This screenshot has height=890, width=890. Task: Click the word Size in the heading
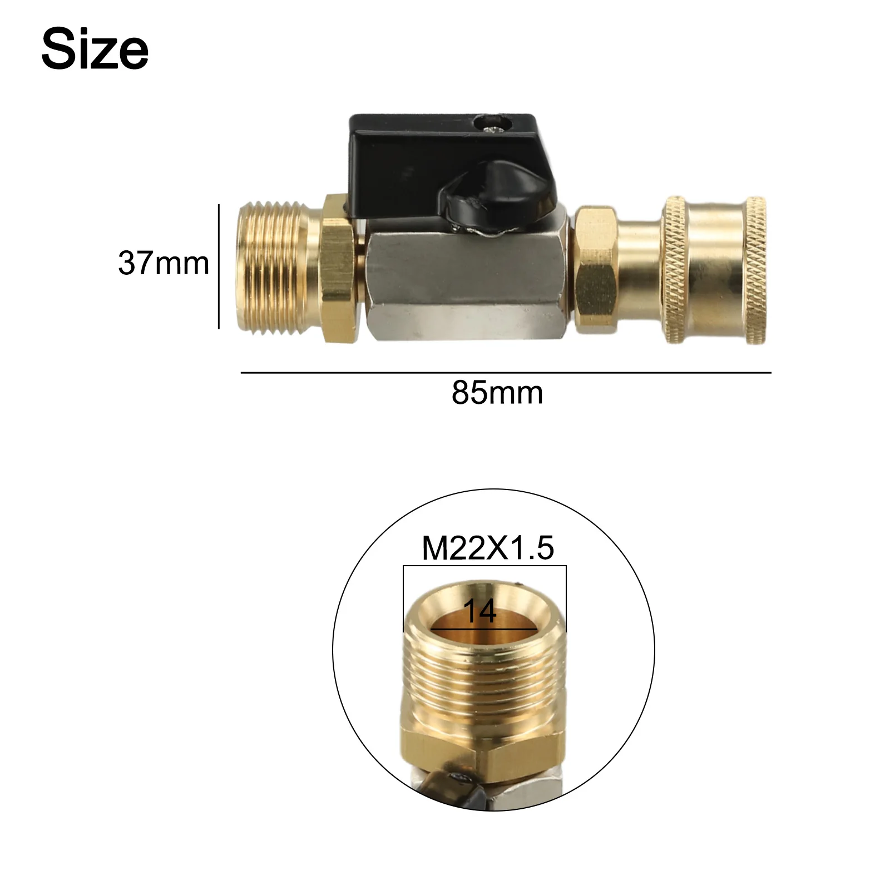pyautogui.click(x=95, y=50)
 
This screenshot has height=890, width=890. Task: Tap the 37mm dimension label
pyautogui.click(x=164, y=263)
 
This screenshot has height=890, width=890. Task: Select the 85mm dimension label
pyautogui.click(x=497, y=393)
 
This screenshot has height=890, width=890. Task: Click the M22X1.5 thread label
pyautogui.click(x=488, y=548)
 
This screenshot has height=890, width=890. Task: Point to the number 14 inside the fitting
pyautogui.click(x=479, y=611)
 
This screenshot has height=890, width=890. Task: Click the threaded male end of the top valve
pyautogui.click(x=278, y=269)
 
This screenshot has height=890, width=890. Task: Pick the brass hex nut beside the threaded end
pyautogui.click(x=338, y=269)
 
